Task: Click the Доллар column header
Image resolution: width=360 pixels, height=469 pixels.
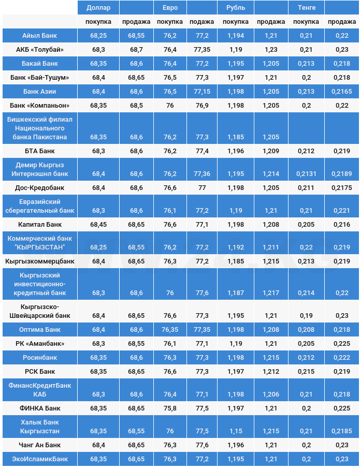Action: tap(98, 8)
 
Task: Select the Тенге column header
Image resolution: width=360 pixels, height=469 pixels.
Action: tap(307, 8)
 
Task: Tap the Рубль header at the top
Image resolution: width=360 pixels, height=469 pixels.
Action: tap(236, 8)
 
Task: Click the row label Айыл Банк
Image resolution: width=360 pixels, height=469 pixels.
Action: tap(40, 36)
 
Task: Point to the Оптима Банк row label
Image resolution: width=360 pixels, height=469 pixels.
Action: tap(40, 330)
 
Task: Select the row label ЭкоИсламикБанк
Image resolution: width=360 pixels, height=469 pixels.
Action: tap(40, 459)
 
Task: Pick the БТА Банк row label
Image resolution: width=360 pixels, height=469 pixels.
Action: tap(40, 151)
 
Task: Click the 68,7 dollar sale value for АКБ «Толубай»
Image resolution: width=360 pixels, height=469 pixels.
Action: tap(136, 50)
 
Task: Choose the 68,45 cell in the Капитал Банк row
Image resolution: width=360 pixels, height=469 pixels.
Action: tap(98, 225)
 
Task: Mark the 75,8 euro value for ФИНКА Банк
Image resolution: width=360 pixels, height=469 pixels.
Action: tap(170, 408)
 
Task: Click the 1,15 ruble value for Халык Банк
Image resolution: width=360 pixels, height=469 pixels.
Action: tap(236, 431)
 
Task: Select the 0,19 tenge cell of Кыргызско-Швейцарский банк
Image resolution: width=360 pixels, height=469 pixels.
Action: tap(306, 316)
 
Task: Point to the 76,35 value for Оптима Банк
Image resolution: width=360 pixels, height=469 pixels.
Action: tap(170, 330)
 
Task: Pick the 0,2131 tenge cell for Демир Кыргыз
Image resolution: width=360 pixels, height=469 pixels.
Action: tap(306, 174)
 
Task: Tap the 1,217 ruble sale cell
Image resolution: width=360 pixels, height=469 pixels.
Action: tap(271, 293)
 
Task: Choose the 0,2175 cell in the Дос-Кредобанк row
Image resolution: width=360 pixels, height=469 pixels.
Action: tap(341, 188)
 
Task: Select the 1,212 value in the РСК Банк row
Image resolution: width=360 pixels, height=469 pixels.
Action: tap(271, 372)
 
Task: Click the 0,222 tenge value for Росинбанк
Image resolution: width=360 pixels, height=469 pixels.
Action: tap(341, 358)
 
